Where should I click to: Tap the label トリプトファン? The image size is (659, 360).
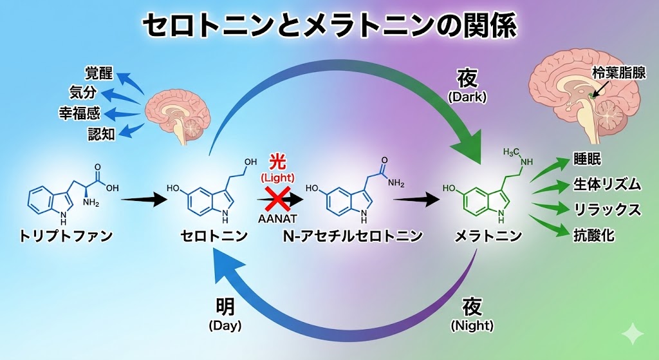[x=66, y=236]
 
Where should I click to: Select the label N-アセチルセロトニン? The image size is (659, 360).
[x=353, y=236]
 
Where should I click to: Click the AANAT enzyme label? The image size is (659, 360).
[x=277, y=218]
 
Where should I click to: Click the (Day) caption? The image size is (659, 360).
[x=225, y=326]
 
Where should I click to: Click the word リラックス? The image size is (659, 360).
[x=607, y=210]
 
